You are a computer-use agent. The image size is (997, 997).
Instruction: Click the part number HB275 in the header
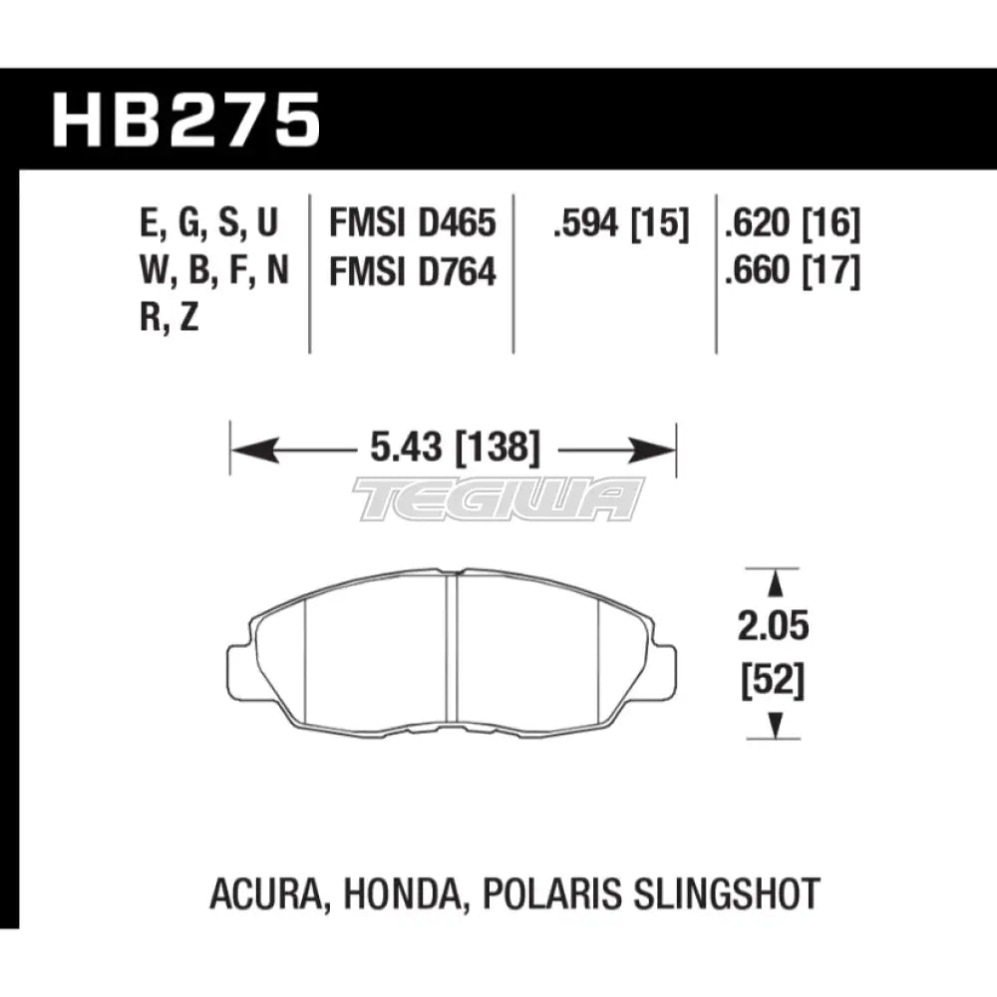186,120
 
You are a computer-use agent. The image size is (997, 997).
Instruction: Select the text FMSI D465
412,222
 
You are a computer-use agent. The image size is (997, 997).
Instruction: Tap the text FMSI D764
412,271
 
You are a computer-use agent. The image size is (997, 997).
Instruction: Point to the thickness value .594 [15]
620,223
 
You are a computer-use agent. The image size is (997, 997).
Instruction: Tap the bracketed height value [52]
774,683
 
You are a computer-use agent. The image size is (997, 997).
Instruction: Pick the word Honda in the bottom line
400,892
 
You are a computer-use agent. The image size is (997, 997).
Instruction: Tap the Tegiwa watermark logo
498,498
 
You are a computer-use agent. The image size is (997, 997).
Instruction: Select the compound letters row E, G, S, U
210,223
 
